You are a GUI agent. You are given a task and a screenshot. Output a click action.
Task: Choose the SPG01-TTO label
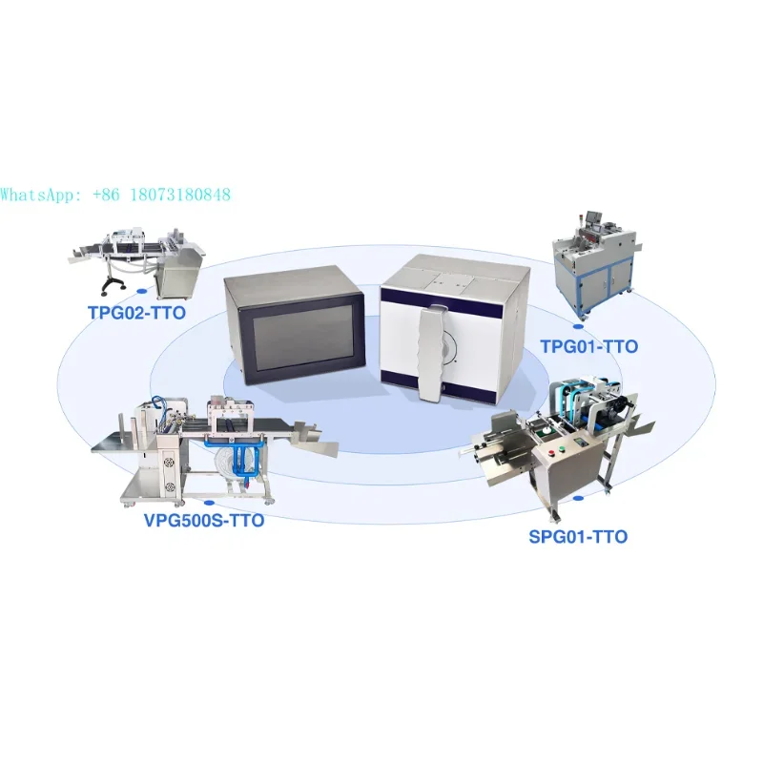tap(578, 537)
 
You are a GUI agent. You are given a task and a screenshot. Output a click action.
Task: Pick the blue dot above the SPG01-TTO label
tap(577, 498)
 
